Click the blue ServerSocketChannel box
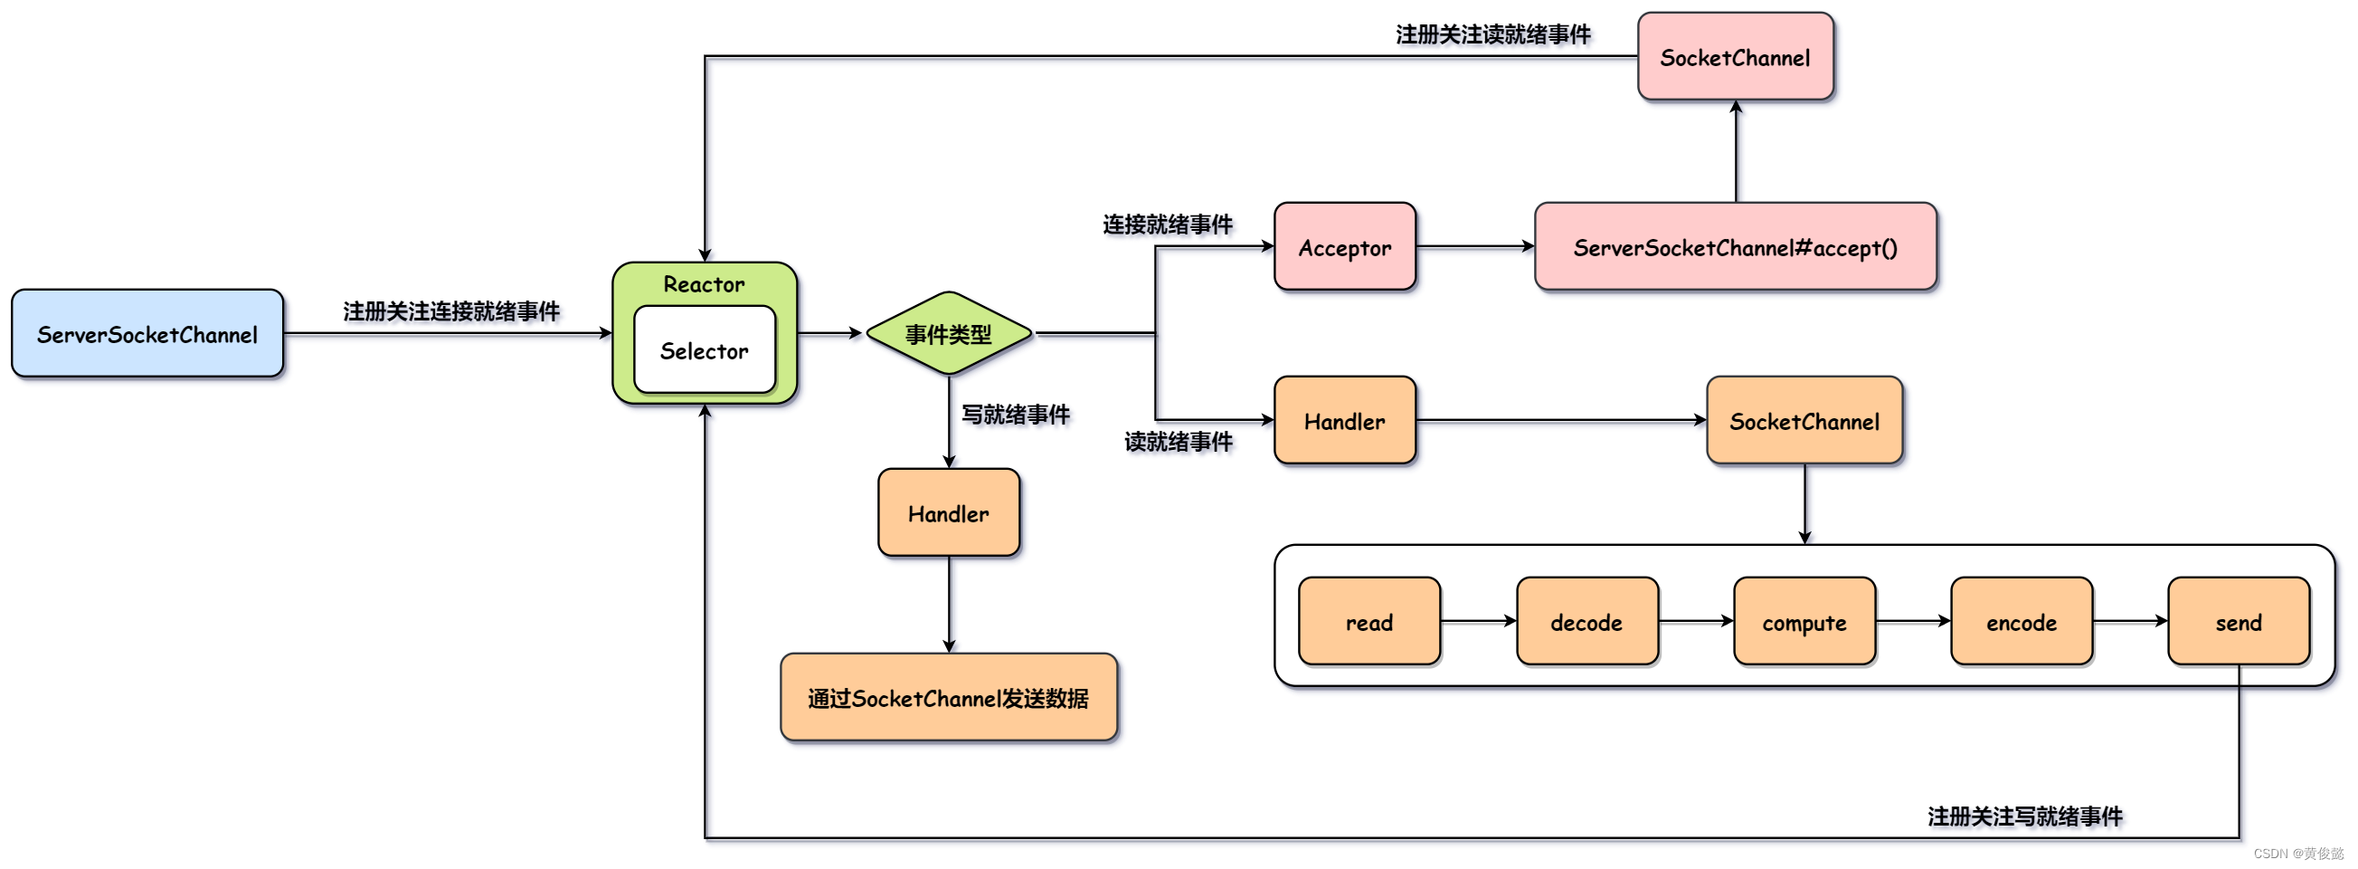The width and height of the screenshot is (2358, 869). pyautogui.click(x=147, y=333)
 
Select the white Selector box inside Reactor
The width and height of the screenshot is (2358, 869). pyautogui.click(x=704, y=349)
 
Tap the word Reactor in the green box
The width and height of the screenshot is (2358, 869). pyautogui.click(x=704, y=284)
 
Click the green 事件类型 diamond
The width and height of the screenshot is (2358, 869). pyautogui.click(x=948, y=333)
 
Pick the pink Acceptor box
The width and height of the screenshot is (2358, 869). pyautogui.click(x=1344, y=247)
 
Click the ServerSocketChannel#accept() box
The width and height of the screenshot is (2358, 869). pyautogui.click(x=1735, y=247)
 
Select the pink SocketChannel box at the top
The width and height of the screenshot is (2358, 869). pyautogui.click(x=1735, y=57)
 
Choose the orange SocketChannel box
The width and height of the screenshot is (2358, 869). pyautogui.click(x=1804, y=420)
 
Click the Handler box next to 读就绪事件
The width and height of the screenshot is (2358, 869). pyautogui.click(x=1344, y=420)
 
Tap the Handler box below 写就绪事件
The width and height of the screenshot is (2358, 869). pyautogui.click(x=948, y=512)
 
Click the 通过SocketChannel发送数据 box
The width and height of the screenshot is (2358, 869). pyautogui.click(x=948, y=697)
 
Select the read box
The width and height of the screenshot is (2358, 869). pyautogui.click(x=1368, y=621)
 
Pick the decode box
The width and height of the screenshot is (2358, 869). pyautogui.click(x=1586, y=621)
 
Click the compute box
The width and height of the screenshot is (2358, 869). pyautogui.click(x=1804, y=621)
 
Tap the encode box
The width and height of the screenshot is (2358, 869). pyautogui.click(x=2022, y=621)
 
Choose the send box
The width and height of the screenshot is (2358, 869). pyautogui.click(x=2238, y=621)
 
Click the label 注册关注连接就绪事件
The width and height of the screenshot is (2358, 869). pyautogui.click(x=451, y=311)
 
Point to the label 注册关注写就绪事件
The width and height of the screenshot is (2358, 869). pyautogui.click(x=2024, y=815)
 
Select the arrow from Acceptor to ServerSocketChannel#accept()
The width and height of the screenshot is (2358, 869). pyautogui.click(x=1473, y=246)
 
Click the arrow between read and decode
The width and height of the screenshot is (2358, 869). pyautogui.click(x=1477, y=621)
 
